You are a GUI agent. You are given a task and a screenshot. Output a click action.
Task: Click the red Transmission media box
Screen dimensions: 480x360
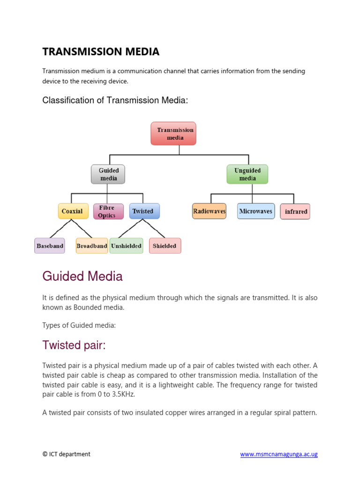(173, 134)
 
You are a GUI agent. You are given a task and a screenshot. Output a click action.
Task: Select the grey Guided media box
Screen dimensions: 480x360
(108, 174)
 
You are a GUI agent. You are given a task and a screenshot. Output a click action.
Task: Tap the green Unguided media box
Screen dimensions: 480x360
(247, 174)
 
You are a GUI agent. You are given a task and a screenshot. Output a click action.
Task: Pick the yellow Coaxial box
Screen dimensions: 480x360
(72, 211)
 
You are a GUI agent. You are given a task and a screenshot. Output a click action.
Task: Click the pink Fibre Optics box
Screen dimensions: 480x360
(108, 211)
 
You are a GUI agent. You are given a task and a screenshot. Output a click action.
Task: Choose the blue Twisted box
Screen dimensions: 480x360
(144, 211)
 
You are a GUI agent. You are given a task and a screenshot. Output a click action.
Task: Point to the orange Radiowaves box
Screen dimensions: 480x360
(209, 211)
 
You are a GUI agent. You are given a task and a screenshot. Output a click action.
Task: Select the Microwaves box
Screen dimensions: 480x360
(255, 211)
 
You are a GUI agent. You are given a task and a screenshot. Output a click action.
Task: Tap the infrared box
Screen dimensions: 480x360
(295, 211)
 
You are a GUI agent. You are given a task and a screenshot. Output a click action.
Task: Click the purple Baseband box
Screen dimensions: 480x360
(50, 246)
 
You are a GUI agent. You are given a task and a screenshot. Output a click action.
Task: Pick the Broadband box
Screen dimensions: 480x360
(92, 246)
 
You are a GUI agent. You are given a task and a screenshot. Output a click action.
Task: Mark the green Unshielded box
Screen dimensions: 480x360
(127, 246)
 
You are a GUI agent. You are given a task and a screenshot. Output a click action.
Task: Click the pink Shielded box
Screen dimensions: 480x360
(165, 246)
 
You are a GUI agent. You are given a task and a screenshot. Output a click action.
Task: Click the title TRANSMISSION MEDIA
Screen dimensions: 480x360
(101, 52)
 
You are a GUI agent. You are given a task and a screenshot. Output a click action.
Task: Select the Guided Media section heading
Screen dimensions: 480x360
(82, 277)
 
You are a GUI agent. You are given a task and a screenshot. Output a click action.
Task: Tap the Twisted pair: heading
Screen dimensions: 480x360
(74, 345)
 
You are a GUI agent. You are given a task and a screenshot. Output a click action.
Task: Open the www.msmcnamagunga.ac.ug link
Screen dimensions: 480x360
(279, 454)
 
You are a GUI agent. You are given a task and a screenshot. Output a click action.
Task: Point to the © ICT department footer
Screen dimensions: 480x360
(66, 454)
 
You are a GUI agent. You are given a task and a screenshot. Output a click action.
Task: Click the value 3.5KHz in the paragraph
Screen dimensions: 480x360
(120, 395)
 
